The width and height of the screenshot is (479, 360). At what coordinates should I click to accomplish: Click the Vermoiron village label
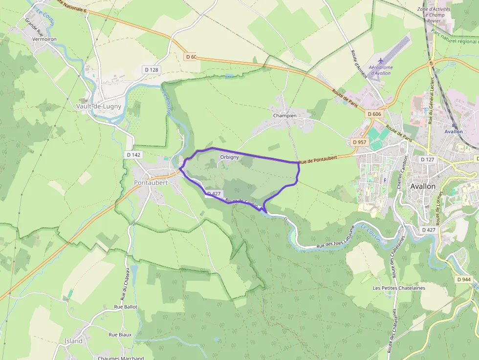tap(44, 39)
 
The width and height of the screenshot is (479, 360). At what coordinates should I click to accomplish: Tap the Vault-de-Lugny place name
tap(99, 106)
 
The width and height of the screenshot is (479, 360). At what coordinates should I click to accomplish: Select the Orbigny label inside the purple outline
tap(229, 157)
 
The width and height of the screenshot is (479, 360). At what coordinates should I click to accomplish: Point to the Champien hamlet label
tap(285, 116)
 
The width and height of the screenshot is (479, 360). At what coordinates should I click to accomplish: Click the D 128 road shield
tap(152, 70)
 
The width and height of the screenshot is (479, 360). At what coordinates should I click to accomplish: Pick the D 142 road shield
tap(133, 155)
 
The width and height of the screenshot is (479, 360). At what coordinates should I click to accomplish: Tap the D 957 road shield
tap(359, 142)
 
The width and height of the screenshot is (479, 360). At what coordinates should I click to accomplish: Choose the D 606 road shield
tap(374, 114)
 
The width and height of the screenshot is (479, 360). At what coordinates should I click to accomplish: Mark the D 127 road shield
tap(427, 159)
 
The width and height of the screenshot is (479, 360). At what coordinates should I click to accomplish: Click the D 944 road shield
tap(464, 279)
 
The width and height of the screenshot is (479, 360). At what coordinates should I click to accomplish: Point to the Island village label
tap(74, 341)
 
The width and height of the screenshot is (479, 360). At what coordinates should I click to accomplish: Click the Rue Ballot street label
tap(126, 307)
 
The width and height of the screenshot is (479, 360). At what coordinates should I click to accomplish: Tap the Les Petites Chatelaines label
tap(399, 288)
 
